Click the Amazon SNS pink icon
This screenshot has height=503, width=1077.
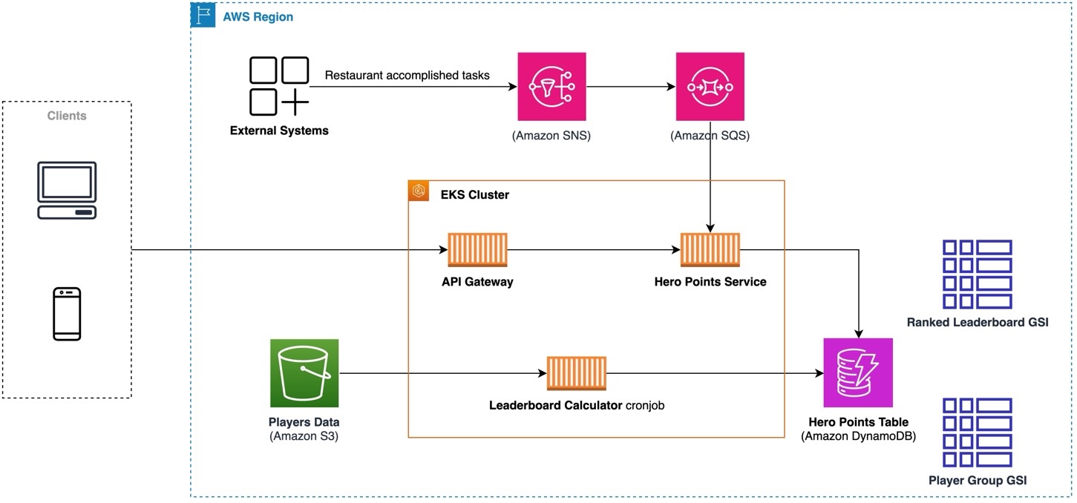(551, 86)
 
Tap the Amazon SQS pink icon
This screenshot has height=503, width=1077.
(710, 86)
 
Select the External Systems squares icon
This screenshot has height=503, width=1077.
(279, 86)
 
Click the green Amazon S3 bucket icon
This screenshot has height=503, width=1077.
(304, 373)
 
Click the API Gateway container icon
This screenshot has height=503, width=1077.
(478, 250)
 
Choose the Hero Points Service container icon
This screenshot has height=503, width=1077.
(710, 250)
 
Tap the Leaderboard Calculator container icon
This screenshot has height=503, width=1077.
(577, 373)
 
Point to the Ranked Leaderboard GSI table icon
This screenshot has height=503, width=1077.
(977, 274)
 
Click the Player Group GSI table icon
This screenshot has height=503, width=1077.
(977, 432)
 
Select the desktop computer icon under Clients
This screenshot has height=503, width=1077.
(67, 191)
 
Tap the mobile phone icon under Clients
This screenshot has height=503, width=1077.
(67, 314)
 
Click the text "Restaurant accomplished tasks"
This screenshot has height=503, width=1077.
(407, 76)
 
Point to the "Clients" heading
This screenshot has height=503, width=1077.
(67, 116)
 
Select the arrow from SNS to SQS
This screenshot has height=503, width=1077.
(631, 87)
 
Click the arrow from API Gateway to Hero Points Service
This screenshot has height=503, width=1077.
(594, 251)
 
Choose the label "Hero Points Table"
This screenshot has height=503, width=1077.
(858, 422)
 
